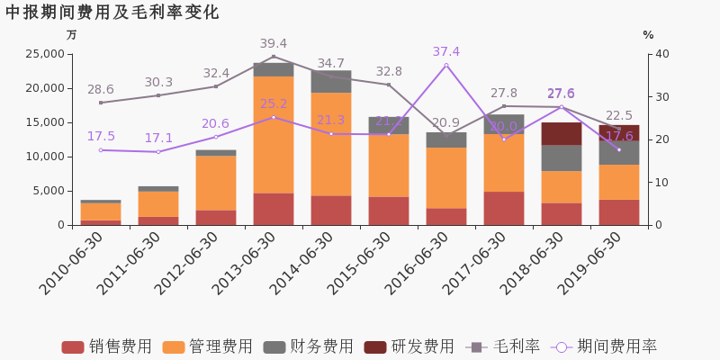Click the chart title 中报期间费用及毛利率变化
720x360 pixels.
(x=112, y=13)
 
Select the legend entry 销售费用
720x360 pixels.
(x=108, y=346)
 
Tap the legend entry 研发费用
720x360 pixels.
(x=409, y=346)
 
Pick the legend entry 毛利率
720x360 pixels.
(x=503, y=346)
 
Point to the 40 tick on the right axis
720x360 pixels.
(x=661, y=54)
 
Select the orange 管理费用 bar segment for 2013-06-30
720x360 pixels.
(x=274, y=135)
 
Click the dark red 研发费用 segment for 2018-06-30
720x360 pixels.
(x=562, y=133)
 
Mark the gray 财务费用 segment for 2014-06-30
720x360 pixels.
(x=331, y=81)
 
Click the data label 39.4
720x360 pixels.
(x=274, y=43)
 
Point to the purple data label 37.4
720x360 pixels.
(x=446, y=51)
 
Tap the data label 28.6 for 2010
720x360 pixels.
(x=101, y=89)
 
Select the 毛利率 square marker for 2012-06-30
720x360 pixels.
(x=216, y=86)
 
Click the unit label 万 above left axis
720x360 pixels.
(x=72, y=35)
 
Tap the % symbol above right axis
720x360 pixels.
(x=648, y=35)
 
